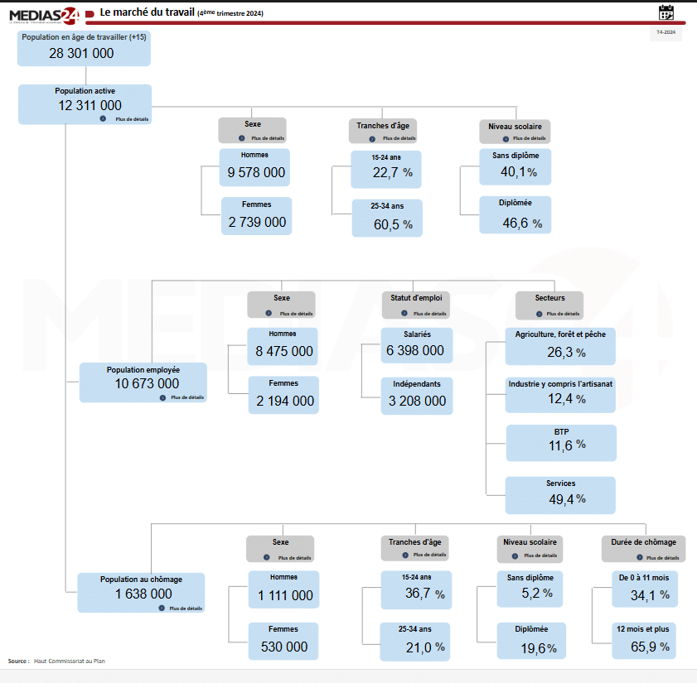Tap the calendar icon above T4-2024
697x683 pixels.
[x=666, y=12]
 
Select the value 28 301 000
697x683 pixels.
[x=81, y=54]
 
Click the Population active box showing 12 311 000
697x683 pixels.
[x=85, y=104]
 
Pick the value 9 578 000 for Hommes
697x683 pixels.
[x=256, y=173]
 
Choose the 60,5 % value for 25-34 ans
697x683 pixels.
[x=393, y=224]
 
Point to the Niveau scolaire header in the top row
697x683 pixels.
[x=515, y=127]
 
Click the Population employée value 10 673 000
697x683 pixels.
[x=147, y=383]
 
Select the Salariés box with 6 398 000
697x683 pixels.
[x=416, y=345]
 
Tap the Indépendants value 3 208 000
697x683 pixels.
[x=416, y=401]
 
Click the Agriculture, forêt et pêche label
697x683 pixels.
[x=560, y=334]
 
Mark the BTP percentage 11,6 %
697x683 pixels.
[x=567, y=445]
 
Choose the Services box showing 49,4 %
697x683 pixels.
[x=561, y=494]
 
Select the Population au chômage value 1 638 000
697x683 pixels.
[x=143, y=594]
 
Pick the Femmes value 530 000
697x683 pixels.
[x=283, y=647]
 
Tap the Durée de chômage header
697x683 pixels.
[x=643, y=542]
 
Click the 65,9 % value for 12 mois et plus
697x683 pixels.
[x=650, y=647]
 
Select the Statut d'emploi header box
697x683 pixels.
[x=416, y=297]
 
